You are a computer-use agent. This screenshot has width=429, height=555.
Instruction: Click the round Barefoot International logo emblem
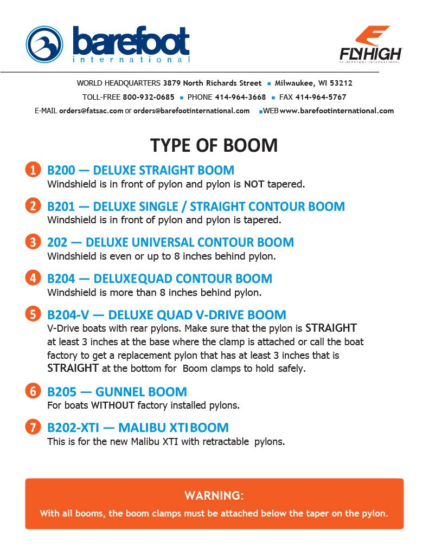point(45,45)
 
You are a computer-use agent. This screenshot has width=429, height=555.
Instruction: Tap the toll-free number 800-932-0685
point(149,97)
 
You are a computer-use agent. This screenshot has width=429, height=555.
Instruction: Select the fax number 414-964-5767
point(321,97)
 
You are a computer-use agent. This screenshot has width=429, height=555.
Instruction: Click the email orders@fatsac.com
point(91,111)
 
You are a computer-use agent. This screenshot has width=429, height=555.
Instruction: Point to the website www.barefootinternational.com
point(337,111)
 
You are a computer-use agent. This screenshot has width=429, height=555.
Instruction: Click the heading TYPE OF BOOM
point(214,145)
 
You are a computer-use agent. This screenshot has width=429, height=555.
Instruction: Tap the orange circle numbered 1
point(33,170)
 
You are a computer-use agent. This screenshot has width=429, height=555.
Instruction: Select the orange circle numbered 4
point(33,279)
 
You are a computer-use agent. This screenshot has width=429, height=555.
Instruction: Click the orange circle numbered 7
point(33,427)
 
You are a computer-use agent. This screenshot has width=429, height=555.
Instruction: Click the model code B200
point(62,170)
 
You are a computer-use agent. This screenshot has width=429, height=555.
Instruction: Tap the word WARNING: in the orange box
point(214,495)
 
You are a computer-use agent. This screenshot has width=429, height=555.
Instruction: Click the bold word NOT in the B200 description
point(254,184)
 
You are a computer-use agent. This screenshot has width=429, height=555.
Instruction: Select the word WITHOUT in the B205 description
point(112,405)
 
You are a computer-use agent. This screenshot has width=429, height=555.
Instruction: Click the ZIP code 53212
point(341,83)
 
